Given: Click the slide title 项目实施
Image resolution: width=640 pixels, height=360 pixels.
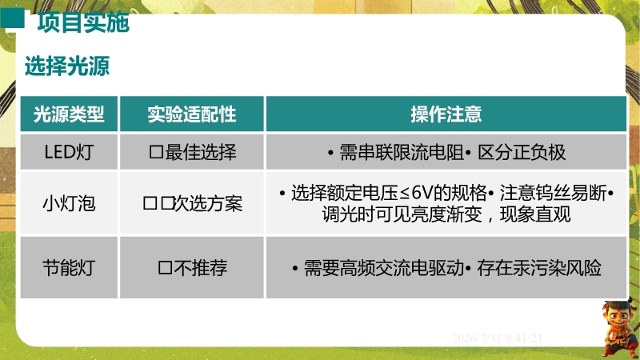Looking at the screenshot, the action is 83,22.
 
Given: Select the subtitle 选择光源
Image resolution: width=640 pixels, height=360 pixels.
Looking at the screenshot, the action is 67,66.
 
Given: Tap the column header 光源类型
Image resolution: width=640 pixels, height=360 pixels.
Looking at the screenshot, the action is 69,114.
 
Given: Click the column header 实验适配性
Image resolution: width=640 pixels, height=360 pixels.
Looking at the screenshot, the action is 192,114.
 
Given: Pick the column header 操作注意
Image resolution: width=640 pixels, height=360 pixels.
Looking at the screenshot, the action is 446,114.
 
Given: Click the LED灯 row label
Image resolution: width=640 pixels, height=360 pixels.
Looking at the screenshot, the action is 69,152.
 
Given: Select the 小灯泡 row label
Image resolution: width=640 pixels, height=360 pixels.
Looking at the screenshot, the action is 69,203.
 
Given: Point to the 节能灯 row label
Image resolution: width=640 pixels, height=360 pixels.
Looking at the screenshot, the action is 69,268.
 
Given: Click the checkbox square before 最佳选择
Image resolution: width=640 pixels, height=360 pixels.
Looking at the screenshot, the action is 156,153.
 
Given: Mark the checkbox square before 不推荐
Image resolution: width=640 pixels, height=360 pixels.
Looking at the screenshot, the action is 166,268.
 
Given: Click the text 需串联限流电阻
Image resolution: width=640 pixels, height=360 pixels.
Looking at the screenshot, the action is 402,152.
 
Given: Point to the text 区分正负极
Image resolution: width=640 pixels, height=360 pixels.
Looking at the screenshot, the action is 522,152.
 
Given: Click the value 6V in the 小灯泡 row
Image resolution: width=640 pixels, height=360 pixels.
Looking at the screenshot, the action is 422,193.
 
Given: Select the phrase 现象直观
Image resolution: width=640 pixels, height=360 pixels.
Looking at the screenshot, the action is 535,214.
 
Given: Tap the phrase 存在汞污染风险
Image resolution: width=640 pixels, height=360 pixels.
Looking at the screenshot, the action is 539,268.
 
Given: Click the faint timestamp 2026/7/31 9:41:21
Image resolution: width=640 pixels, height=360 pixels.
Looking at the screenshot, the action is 497,338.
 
